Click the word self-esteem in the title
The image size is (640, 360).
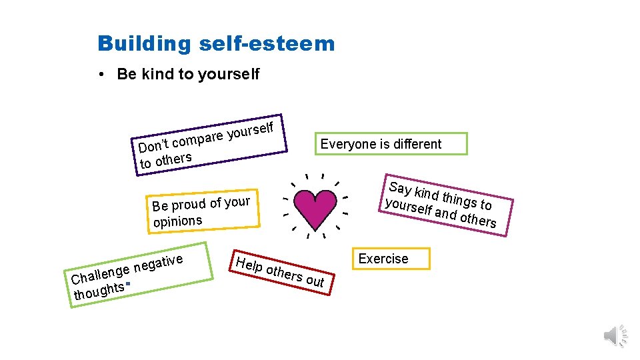[x=267, y=44]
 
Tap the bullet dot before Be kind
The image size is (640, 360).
[x=99, y=74]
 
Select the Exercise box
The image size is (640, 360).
[x=383, y=259]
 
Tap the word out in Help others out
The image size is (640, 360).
[x=315, y=281]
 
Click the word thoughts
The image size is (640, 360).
[x=99, y=291]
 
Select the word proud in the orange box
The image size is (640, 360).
[x=188, y=204]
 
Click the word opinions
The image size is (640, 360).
[x=177, y=221]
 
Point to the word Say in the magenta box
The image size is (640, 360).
[x=400, y=188]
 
